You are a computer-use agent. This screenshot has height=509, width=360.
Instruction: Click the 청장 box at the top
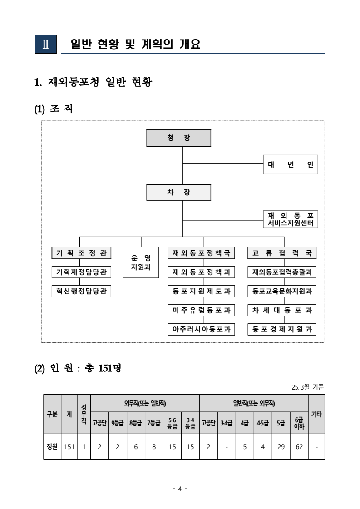178,138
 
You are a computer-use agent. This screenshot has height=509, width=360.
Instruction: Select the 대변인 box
290,164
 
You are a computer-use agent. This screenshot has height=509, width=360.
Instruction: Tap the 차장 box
178,192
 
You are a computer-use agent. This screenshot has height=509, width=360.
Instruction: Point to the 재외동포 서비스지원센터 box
290,219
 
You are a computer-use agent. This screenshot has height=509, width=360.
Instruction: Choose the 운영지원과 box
141,262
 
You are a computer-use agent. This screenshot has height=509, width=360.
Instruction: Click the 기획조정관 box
81,253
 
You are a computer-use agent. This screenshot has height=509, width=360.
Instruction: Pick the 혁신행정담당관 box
81,291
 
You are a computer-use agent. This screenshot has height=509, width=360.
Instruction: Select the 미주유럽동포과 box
201,310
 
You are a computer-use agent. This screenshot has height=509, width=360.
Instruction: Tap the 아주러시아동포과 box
201,329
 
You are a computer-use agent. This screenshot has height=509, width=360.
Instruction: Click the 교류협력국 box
282,253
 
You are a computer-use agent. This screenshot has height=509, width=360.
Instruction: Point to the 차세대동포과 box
282,310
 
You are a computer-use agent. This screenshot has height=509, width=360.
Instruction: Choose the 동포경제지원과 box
282,329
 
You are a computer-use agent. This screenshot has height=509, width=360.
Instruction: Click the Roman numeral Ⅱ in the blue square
46,44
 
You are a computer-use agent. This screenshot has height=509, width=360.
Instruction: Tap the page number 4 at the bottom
180,489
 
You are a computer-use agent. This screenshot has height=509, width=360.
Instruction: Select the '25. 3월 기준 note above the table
307,387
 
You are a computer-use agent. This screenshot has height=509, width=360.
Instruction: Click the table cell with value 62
299,446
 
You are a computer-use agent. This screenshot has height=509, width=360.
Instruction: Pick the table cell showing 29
281,446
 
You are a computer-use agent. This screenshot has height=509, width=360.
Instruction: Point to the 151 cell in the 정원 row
69,446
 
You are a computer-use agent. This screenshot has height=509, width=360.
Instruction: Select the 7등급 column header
154,423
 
